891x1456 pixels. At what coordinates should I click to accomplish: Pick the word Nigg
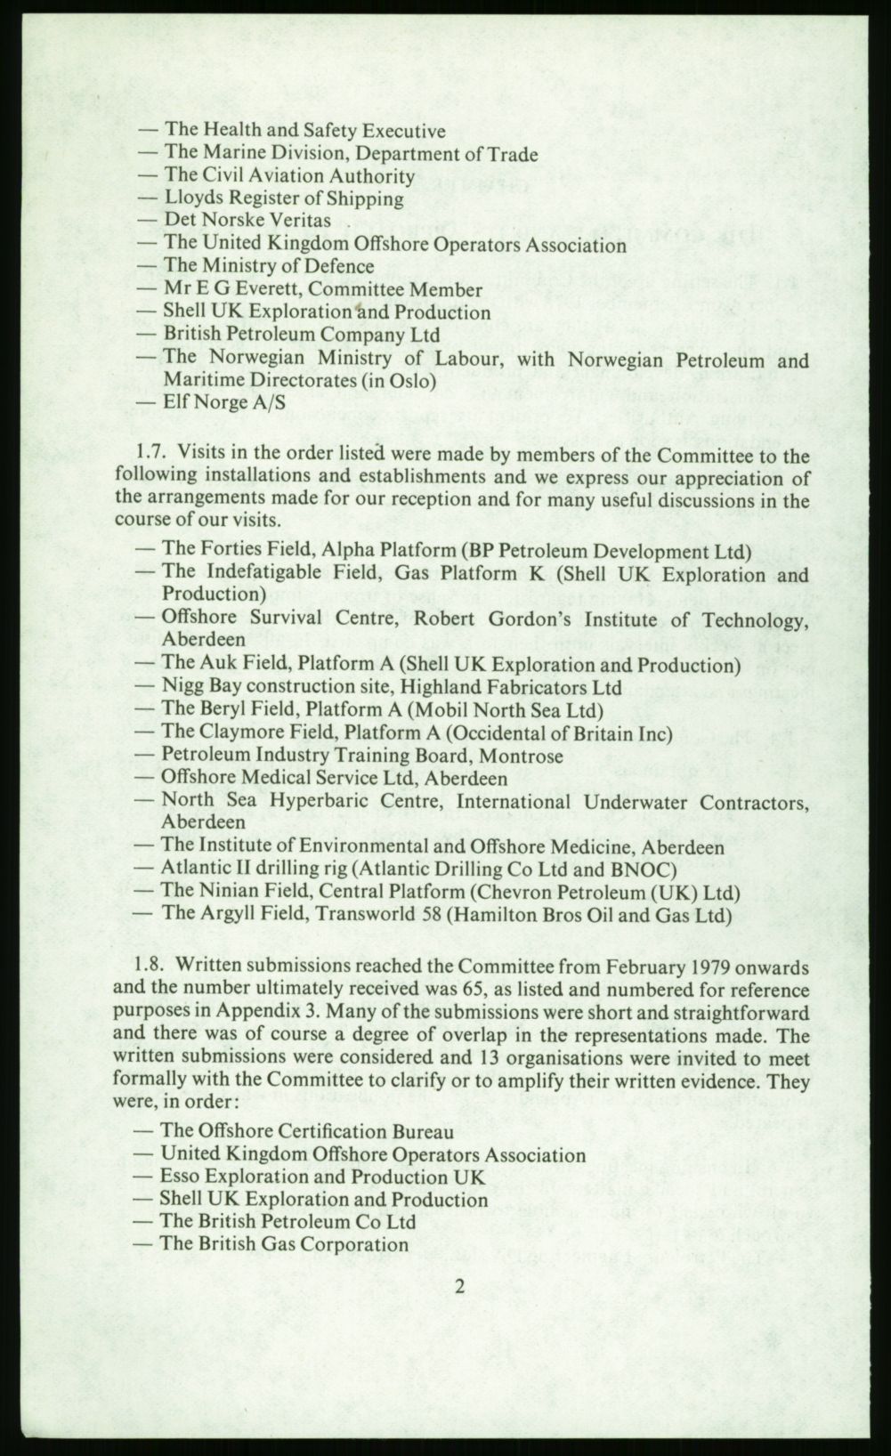[x=181, y=687]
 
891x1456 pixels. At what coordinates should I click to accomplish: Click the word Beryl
[x=217, y=710]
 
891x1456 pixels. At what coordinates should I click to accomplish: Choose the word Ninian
[x=223, y=892]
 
